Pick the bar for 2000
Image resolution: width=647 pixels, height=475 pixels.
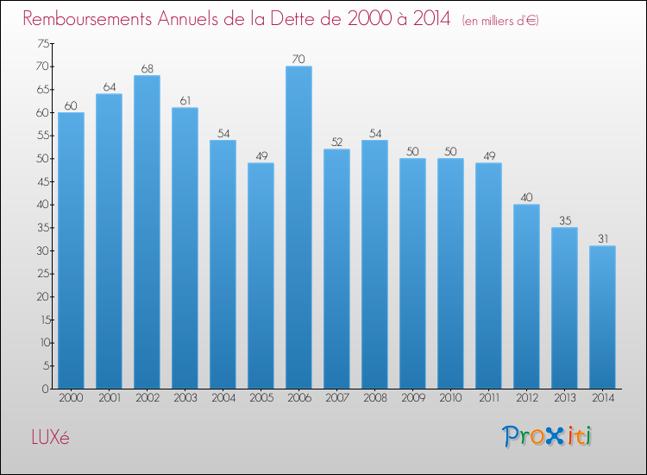tap(71, 250)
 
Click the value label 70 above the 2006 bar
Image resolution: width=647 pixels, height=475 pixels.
tap(298, 59)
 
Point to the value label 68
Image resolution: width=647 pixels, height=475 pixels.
tap(147, 68)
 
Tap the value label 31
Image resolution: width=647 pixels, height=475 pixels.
tap(602, 238)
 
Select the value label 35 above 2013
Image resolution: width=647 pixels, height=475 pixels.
tap(564, 220)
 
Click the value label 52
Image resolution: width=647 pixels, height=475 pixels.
tap(336, 142)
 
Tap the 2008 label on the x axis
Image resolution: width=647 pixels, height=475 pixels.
tap(374, 399)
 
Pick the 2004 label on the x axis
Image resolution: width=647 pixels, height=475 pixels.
tap(223, 399)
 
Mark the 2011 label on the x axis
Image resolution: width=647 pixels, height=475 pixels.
tap(488, 399)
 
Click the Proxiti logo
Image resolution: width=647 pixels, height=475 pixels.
tap(547, 436)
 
